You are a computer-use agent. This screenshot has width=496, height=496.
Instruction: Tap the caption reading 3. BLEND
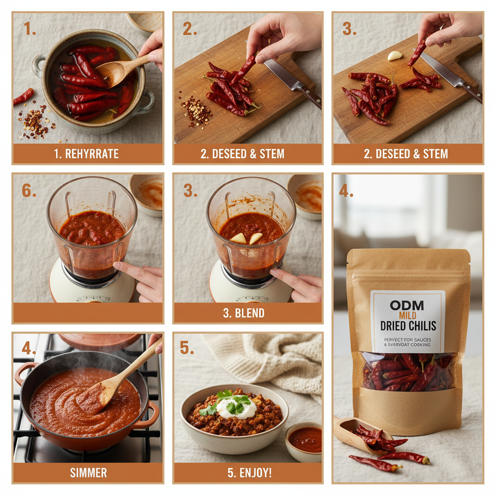coord(248,313)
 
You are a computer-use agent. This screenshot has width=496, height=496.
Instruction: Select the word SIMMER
coord(88,473)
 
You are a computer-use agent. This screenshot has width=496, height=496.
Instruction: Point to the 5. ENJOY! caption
coord(248,473)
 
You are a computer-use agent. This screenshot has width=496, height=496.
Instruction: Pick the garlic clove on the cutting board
coord(395,56)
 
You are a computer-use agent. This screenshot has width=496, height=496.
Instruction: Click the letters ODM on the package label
coord(406,305)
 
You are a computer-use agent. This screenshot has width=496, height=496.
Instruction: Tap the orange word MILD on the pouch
coord(407,316)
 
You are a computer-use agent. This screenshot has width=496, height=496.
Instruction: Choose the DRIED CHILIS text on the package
coord(408,326)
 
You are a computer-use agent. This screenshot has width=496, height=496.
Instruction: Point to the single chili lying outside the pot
coord(23,96)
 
